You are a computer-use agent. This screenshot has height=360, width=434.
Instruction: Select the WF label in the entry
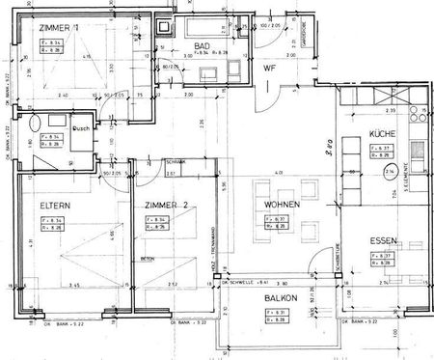pyautogui.click(x=272, y=69)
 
